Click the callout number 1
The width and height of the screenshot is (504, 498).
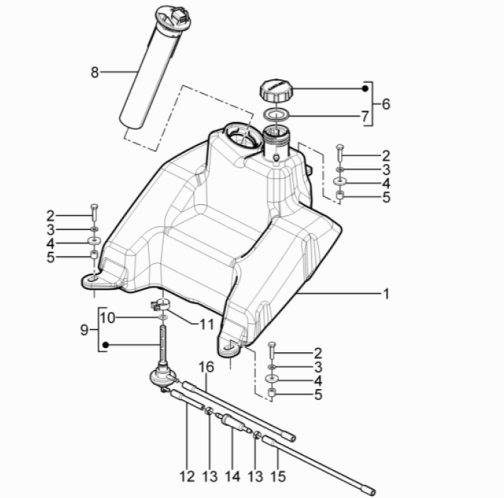click(x=386, y=294)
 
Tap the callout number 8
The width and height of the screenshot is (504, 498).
click(x=95, y=71)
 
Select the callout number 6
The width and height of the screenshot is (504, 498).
click(x=386, y=105)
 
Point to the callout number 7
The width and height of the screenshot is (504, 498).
click(x=364, y=117)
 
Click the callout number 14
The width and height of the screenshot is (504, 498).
click(x=232, y=477)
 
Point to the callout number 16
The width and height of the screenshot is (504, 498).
click(x=205, y=366)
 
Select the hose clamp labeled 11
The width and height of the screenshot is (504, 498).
click(x=160, y=304)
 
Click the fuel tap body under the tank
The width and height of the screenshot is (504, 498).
click(x=161, y=379)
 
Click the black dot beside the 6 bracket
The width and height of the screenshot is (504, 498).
click(x=364, y=89)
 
